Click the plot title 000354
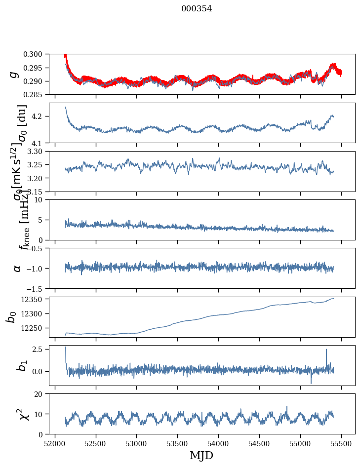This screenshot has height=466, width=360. coord(197,9)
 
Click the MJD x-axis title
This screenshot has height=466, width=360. coord(201,456)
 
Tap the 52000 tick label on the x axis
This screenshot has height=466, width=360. coord(55,443)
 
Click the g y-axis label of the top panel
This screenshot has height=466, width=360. coord(15,74)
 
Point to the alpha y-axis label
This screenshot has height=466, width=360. coord(17,268)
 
